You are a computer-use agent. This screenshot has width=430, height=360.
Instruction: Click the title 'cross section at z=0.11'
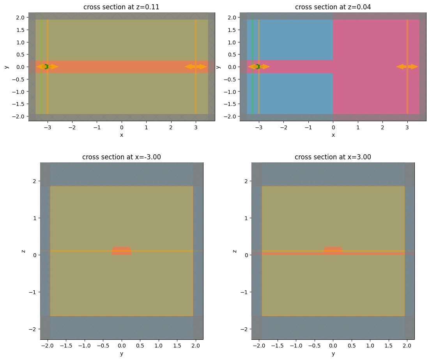[x=121, y=7]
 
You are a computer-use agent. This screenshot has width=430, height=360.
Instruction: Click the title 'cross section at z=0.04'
[x=333, y=7]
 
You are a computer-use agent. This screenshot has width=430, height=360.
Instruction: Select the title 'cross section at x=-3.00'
[x=121, y=157]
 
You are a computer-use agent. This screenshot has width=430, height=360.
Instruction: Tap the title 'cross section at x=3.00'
[x=333, y=157]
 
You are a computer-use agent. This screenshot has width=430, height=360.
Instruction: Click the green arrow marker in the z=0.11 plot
[x=46, y=67]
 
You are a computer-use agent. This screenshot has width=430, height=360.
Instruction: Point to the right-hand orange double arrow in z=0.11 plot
[x=195, y=67]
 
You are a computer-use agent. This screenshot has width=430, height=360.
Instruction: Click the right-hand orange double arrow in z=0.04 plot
[x=407, y=67]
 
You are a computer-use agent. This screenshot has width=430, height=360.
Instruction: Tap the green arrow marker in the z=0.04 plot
[x=258, y=67]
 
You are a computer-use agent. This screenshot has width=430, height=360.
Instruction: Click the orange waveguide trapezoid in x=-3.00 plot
[x=121, y=251]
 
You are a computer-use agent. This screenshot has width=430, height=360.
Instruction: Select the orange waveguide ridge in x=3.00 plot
[x=333, y=250]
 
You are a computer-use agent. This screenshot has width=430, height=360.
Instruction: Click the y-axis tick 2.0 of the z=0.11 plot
[x=21, y=18]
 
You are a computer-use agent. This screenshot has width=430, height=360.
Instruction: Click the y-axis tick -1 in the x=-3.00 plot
[x=34, y=292]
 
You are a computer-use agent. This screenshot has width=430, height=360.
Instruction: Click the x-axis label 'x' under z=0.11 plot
[x=121, y=134]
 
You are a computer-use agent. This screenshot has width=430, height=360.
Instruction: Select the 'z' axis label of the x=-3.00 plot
[x=24, y=251]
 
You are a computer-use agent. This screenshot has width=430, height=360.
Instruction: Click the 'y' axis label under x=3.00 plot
[x=333, y=353]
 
